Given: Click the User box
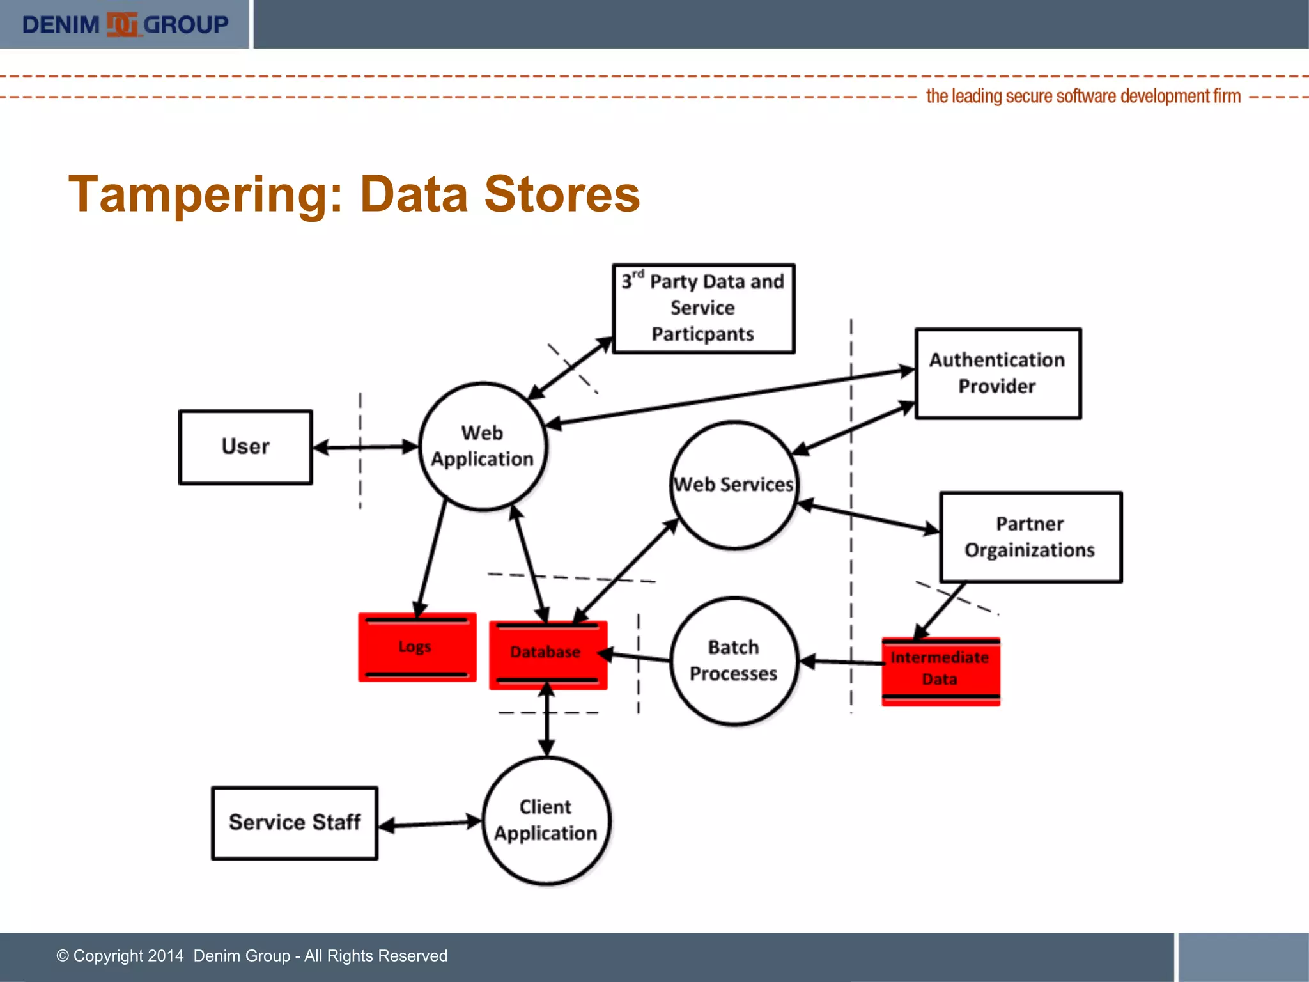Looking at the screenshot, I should (x=245, y=447).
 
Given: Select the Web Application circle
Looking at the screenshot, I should (x=483, y=446).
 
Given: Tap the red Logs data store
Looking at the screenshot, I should (x=417, y=647).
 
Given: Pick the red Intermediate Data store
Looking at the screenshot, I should (x=940, y=671).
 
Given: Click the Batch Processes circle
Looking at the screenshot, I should (x=734, y=660).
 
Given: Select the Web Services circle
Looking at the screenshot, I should (x=734, y=485).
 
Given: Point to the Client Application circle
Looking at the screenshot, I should (x=546, y=820).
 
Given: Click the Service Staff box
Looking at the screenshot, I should (x=295, y=823).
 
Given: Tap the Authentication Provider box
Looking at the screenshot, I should (x=997, y=373).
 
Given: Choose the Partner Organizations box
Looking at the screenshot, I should (x=1030, y=537).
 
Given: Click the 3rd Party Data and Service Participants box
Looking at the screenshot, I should (x=703, y=308).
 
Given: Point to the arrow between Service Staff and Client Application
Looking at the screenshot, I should (x=430, y=823).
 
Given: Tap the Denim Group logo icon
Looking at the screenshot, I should (x=121, y=24).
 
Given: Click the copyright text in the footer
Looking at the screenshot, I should (x=252, y=956).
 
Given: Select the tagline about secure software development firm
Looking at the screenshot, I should (x=1083, y=97).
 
